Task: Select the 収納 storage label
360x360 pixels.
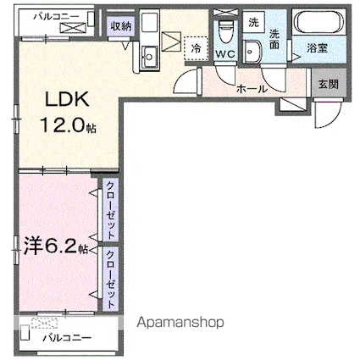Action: click(120, 26)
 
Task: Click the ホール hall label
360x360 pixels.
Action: click(252, 88)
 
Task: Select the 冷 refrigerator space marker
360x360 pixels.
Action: click(196, 49)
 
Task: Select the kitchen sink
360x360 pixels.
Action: click(148, 55)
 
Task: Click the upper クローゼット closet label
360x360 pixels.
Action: click(110, 209)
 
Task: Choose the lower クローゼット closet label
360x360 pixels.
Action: click(110, 278)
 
